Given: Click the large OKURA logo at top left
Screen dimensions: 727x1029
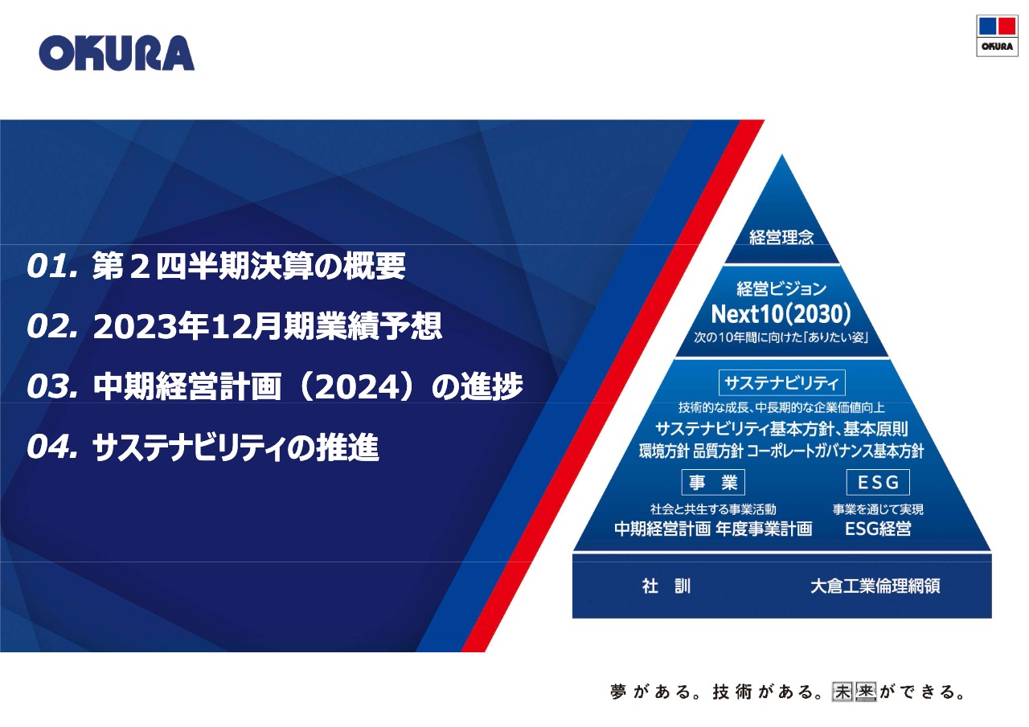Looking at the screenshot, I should click(117, 53).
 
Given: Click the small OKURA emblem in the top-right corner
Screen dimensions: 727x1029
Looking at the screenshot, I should click(996, 35).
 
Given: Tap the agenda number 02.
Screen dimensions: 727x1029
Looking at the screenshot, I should click(51, 327).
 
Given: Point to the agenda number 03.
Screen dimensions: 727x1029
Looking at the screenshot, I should click(51, 387).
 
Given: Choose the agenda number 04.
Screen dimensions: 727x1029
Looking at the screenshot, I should click(51, 447).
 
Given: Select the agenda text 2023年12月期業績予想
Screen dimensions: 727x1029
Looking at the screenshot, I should click(268, 327).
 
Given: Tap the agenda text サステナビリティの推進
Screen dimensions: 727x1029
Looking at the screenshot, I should click(236, 447).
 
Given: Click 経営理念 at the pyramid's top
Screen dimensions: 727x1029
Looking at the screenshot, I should click(781, 237).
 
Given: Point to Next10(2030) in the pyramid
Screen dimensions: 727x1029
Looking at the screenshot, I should click(781, 312).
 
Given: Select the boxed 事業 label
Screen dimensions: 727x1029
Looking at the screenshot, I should click(713, 483).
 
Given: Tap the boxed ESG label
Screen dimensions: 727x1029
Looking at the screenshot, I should click(878, 483).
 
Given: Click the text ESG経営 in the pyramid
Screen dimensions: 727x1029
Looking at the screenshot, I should click(878, 529).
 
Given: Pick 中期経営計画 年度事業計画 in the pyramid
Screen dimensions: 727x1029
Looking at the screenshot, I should click(713, 529).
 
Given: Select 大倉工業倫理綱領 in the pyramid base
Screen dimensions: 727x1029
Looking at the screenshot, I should click(875, 586).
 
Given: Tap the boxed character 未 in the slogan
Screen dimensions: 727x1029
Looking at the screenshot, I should click(842, 692).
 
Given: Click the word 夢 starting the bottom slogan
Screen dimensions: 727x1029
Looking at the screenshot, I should click(617, 692).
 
